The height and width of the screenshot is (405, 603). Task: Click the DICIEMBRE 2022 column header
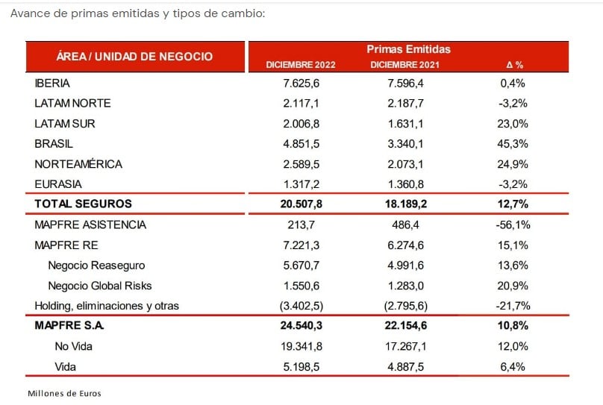coord(301,65)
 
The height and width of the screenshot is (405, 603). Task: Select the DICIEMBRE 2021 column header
coord(405,65)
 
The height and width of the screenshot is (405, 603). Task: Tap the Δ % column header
coord(514,65)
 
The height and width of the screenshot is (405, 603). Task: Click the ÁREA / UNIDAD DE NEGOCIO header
coord(134,57)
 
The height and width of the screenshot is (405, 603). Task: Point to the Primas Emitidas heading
coord(408,49)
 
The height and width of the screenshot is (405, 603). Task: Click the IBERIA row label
coord(52,83)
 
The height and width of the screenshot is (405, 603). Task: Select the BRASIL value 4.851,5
coord(301,144)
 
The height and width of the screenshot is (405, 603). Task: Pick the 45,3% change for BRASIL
coord(513,144)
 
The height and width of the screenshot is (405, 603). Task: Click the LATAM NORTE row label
coord(72,103)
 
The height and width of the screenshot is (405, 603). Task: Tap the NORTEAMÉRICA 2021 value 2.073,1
coord(405,164)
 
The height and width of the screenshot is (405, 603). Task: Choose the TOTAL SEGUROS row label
coord(83,204)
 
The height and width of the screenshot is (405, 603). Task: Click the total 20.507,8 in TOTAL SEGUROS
coord(301,204)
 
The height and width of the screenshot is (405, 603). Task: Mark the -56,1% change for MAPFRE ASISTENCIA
coord(513,225)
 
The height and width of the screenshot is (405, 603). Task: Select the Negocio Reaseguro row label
coord(96,265)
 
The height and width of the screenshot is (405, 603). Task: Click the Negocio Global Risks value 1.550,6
coord(301,286)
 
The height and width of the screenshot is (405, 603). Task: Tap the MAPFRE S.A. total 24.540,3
coord(301,325)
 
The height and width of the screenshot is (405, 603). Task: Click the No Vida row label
coord(73,346)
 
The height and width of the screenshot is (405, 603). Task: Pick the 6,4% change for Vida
coord(513,366)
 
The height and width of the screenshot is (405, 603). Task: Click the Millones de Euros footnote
coord(64,394)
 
